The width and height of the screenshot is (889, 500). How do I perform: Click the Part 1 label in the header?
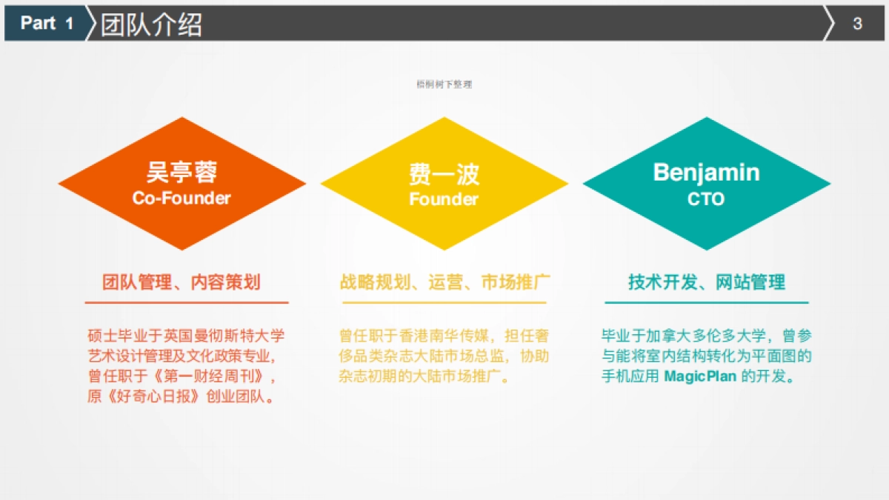(x=47, y=23)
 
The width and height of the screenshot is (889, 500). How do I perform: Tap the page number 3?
(x=857, y=23)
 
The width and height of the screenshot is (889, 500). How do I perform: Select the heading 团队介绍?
(x=151, y=24)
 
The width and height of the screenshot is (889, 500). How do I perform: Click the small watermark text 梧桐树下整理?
(x=444, y=85)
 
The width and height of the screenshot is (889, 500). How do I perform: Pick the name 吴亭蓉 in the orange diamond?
(x=182, y=173)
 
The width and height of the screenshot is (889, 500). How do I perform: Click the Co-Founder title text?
(x=182, y=199)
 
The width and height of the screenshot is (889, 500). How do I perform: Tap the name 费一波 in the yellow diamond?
(x=444, y=174)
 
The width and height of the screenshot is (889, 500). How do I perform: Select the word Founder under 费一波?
(x=444, y=199)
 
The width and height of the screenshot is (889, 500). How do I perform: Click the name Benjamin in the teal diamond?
(x=706, y=173)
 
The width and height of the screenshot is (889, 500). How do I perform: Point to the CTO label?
(x=706, y=199)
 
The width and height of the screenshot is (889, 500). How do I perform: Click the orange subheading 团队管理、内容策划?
(x=182, y=282)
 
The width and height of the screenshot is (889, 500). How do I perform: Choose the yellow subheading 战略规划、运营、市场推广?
(x=444, y=282)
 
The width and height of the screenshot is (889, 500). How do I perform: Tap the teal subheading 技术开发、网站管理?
(x=706, y=282)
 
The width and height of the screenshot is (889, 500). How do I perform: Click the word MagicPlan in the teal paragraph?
(x=700, y=376)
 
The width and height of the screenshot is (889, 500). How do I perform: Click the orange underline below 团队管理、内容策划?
(x=186, y=302)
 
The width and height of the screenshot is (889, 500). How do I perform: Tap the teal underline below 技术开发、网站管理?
(x=706, y=302)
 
